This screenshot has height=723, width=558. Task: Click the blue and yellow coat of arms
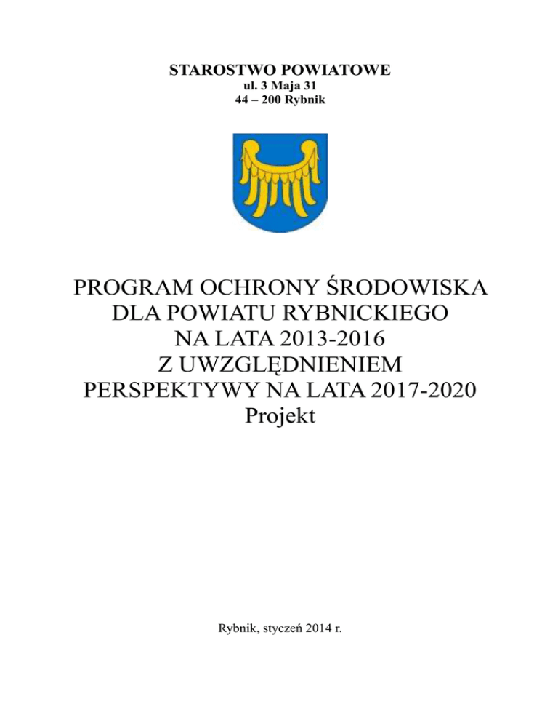pyautogui.click(x=279, y=183)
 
